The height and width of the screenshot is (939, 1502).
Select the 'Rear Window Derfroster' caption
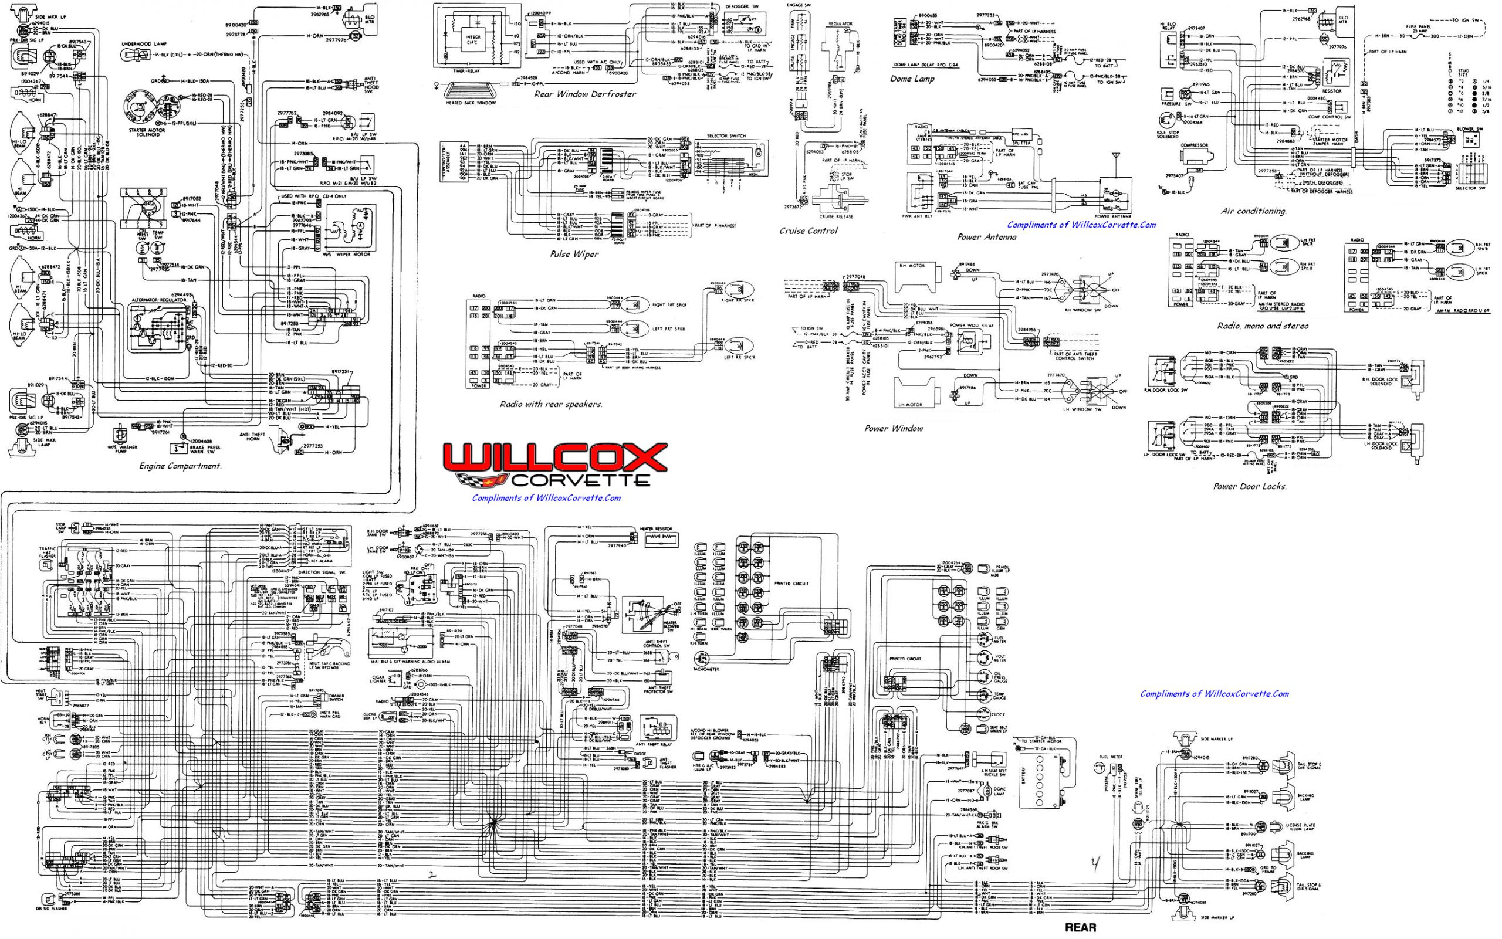584,94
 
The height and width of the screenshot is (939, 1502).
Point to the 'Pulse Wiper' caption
574,254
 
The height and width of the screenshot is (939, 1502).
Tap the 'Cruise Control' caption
808,231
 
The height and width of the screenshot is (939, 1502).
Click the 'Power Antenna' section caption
986,236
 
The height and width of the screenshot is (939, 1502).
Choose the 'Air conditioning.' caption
1254,211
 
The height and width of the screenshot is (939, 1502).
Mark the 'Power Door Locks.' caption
1250,486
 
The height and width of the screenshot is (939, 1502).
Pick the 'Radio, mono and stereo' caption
1263,326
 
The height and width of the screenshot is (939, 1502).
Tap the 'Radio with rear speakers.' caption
551,404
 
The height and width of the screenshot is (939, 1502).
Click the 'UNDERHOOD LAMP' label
144,44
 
